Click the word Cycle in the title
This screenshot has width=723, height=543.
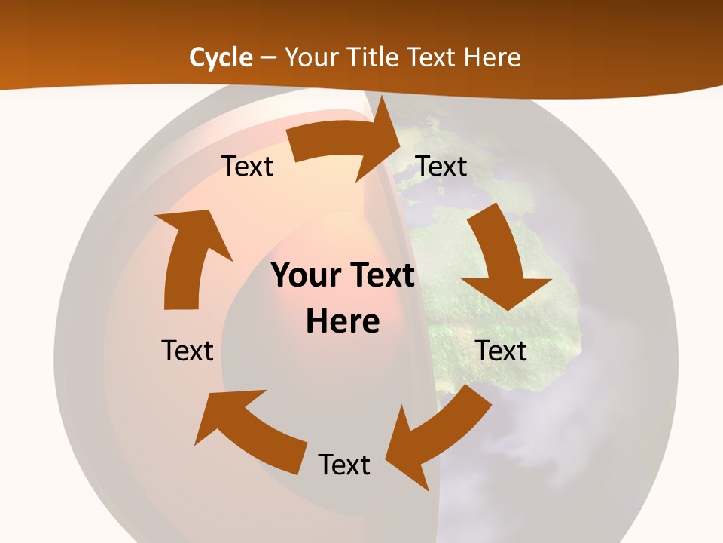pos(221,57)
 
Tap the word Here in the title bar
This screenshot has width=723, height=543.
pos(493,57)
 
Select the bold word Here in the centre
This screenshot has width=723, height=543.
pos(343,321)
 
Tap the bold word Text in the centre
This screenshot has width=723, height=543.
pos(380,275)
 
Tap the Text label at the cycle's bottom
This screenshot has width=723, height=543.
pos(344,465)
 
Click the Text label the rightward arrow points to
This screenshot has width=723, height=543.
pos(441,166)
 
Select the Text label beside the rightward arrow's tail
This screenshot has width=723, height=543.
pos(247,166)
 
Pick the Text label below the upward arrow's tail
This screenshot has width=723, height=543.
pos(188,351)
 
